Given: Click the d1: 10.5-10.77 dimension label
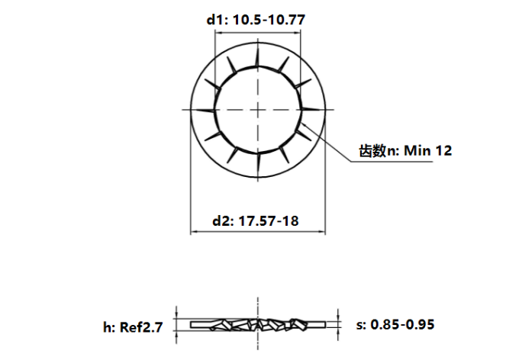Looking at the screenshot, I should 256,21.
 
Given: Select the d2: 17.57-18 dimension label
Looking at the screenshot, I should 255,221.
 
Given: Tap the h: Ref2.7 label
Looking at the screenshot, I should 134,328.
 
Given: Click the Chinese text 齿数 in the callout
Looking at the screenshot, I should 372,151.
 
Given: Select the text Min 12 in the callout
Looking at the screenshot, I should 428,151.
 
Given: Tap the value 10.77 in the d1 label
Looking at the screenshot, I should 288,21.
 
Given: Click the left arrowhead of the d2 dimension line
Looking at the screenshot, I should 193,233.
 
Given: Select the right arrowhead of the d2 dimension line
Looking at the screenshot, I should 324,233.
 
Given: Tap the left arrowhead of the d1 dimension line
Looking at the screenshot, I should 217,34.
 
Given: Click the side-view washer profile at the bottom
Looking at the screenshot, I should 259,325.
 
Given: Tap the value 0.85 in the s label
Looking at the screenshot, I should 384,325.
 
